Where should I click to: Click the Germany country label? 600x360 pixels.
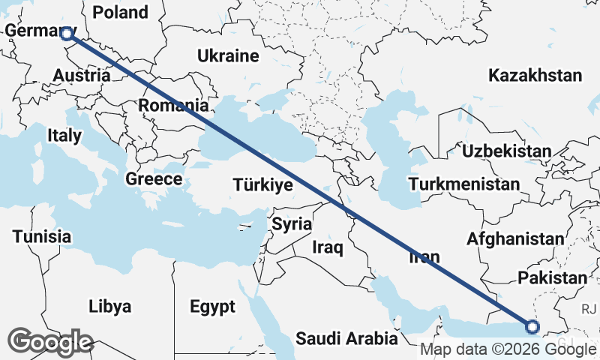pos(34,31)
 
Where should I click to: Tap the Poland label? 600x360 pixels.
pos(119,12)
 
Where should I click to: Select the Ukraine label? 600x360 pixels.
pos(228,55)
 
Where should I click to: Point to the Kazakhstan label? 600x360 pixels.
pos(535,75)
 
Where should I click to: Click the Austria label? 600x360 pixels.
pos(82,76)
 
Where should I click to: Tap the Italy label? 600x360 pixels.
pos(64,136)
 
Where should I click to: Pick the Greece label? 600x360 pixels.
pos(154,179)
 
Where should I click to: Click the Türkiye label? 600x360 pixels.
pos(262,184)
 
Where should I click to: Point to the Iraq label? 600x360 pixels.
pos(327,247)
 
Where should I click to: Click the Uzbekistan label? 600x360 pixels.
pos(506,151)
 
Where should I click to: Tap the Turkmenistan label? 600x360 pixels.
pos(465,184)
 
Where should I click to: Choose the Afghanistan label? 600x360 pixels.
pos(514,238)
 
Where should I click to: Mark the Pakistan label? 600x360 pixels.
pos(553,277)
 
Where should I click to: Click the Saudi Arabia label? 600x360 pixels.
pos(346,339)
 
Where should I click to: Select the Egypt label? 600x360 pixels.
pos(212,307)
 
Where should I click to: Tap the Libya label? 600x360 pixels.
pos(109,306)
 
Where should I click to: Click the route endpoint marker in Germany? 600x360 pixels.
pos(67,33)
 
